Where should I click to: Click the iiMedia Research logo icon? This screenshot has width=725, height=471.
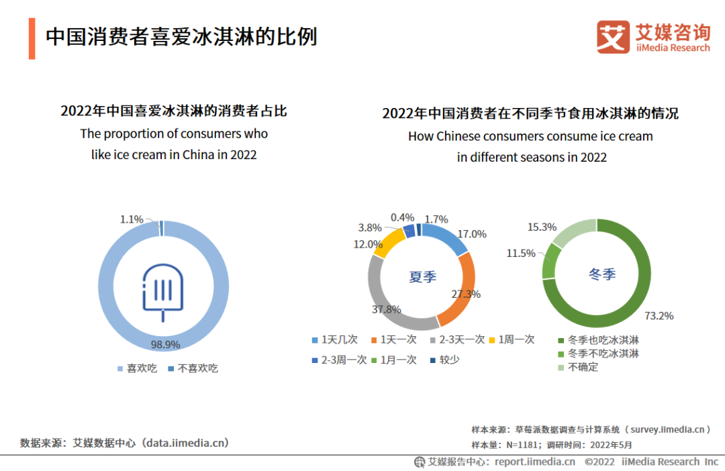click(613, 37)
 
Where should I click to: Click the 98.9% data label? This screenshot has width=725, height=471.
click(166, 344)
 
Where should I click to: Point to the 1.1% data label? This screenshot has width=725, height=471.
click(132, 219)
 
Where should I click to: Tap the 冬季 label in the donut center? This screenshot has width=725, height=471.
click(601, 274)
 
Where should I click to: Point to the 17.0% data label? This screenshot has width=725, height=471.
click(472, 234)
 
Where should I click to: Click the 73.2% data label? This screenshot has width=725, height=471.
click(660, 315)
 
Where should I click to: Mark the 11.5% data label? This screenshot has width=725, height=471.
click(521, 253)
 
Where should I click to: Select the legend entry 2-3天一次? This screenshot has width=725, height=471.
click(462, 339)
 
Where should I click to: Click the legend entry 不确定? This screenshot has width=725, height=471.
click(583, 367)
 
